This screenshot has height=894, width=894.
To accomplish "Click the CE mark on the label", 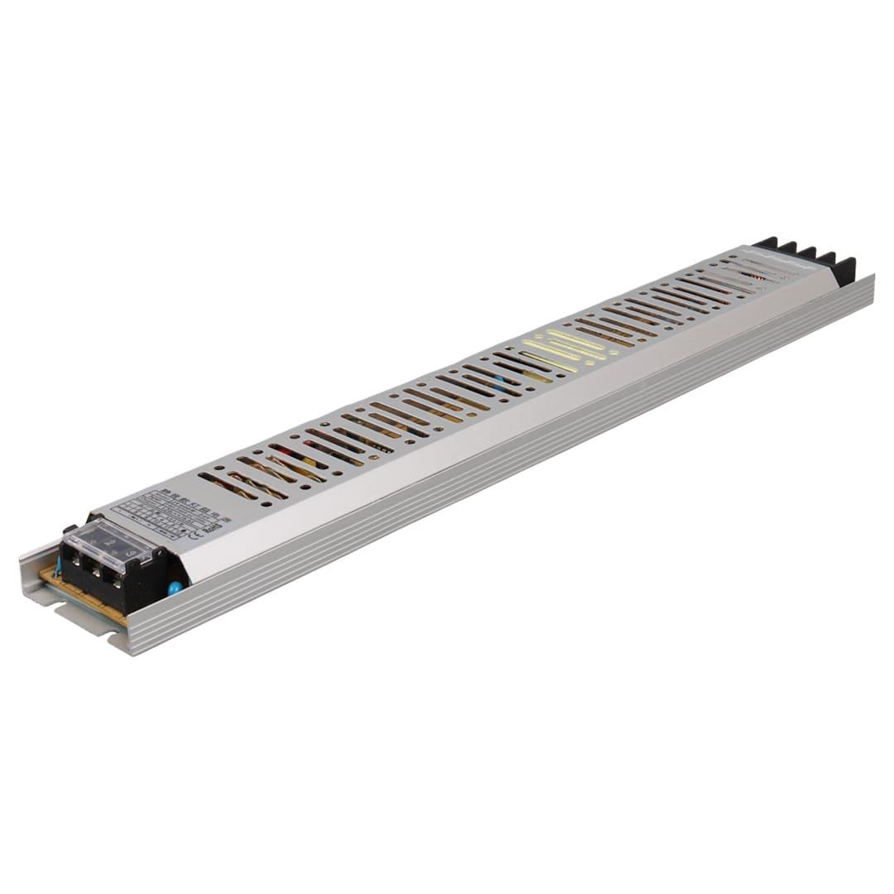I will pyautogui.click(x=196, y=534).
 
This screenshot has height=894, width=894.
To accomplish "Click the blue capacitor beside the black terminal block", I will pyautogui.click(x=175, y=588).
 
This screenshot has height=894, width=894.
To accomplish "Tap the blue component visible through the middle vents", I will pyautogui.click(x=499, y=386).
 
